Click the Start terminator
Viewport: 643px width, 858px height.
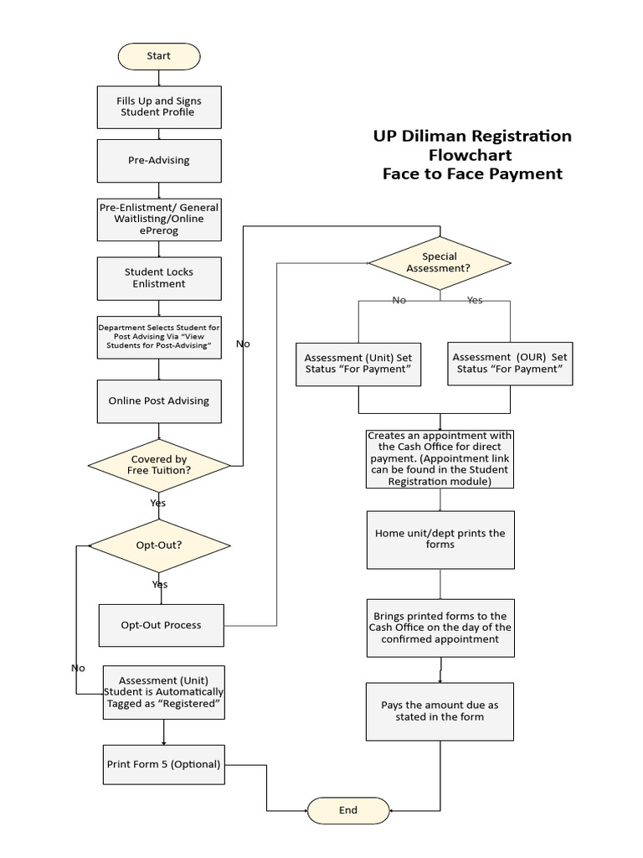[159, 56]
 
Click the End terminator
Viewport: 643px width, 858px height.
[348, 810]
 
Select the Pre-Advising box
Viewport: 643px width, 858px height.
[159, 160]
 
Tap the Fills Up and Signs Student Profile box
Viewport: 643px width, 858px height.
[159, 106]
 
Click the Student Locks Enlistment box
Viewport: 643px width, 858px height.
[159, 278]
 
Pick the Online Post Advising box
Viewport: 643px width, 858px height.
[159, 401]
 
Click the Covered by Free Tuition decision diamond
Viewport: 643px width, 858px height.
[159, 465]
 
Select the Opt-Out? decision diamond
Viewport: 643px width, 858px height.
[159, 545]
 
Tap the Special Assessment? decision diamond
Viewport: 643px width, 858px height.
[440, 262]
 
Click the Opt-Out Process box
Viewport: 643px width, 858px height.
[162, 625]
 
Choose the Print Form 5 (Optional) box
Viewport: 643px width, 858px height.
[164, 764]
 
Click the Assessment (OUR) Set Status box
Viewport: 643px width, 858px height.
[510, 363]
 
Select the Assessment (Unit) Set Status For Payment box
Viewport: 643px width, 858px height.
[358, 363]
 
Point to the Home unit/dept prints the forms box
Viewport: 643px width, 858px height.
[440, 539]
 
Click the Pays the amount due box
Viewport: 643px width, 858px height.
[440, 711]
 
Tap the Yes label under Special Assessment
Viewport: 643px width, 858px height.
[475, 300]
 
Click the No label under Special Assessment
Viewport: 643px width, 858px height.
[399, 300]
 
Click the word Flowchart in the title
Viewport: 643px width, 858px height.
[471, 155]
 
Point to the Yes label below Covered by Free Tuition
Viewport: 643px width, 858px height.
[157, 503]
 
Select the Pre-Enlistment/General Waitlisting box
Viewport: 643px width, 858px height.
[159, 219]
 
